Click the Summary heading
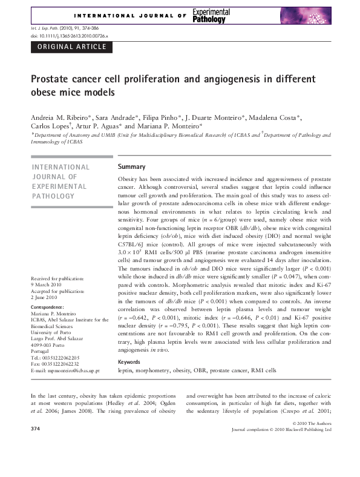(131, 166)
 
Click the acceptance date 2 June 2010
(44, 298)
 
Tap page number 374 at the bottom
(35, 429)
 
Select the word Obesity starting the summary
(129, 180)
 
